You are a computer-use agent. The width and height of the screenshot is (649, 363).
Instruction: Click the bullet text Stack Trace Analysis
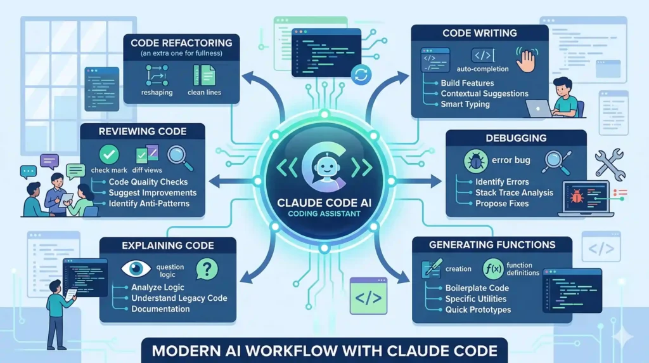514,193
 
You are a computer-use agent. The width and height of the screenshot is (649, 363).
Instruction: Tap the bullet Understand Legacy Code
179,298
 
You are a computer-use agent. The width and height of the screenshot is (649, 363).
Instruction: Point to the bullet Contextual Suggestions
484,94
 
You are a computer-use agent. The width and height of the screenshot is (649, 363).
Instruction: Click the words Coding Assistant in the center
324,214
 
